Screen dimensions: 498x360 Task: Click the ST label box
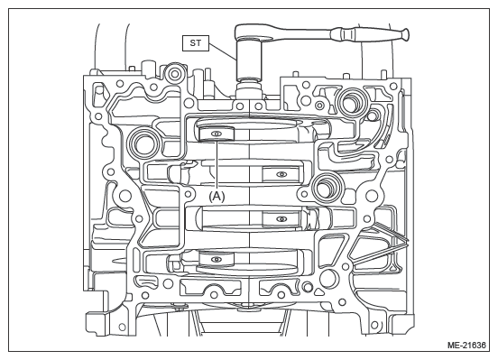point(196,43)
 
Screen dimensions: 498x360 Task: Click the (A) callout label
point(217,197)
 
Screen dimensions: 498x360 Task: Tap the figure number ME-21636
point(466,345)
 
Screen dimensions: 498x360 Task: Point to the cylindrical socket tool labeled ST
point(249,60)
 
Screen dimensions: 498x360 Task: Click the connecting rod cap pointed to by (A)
point(216,134)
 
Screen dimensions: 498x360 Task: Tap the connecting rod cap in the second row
point(281,174)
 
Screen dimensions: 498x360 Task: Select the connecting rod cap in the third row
point(281,219)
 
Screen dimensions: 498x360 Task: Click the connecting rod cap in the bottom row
point(217,259)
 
